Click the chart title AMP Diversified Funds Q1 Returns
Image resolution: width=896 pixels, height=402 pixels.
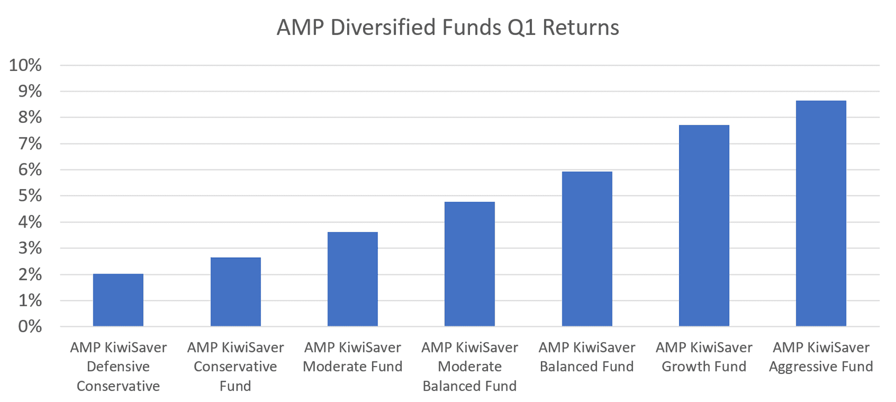pyautogui.click(x=448, y=28)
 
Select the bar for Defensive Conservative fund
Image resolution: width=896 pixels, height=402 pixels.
pyautogui.click(x=118, y=300)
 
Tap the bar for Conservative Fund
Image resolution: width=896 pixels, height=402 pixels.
pyautogui.click(x=236, y=292)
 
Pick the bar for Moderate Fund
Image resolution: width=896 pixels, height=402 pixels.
pyautogui.click(x=353, y=279)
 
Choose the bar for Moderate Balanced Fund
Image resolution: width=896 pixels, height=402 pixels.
pyautogui.click(x=469, y=264)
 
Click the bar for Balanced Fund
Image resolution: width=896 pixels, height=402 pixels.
pyautogui.click(x=587, y=249)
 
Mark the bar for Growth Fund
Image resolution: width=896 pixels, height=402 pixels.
pyautogui.click(x=704, y=226)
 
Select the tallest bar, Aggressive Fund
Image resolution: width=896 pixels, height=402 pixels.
pyautogui.click(x=821, y=213)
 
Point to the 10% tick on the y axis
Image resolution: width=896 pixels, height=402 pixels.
pyautogui.click(x=26, y=65)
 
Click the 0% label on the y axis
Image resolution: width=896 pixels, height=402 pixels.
pyautogui.click(x=30, y=326)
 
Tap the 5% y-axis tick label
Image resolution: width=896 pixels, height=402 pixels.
pyautogui.click(x=30, y=196)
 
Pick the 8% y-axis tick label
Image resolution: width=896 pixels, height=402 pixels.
pyautogui.click(x=30, y=118)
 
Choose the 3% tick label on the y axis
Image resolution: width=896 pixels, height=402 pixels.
pyautogui.click(x=30, y=248)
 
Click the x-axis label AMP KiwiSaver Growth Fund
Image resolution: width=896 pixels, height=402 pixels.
pyautogui.click(x=704, y=357)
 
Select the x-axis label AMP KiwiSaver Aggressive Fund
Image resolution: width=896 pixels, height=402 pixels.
pyautogui.click(x=821, y=357)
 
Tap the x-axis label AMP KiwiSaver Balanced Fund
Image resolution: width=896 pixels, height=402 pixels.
pyautogui.click(x=587, y=357)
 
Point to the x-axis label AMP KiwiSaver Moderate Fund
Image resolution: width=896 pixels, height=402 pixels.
pyautogui.click(x=353, y=357)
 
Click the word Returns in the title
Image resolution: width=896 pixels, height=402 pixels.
pyautogui.click(x=581, y=28)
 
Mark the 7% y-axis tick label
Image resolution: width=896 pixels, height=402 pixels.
pyautogui.click(x=30, y=144)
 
